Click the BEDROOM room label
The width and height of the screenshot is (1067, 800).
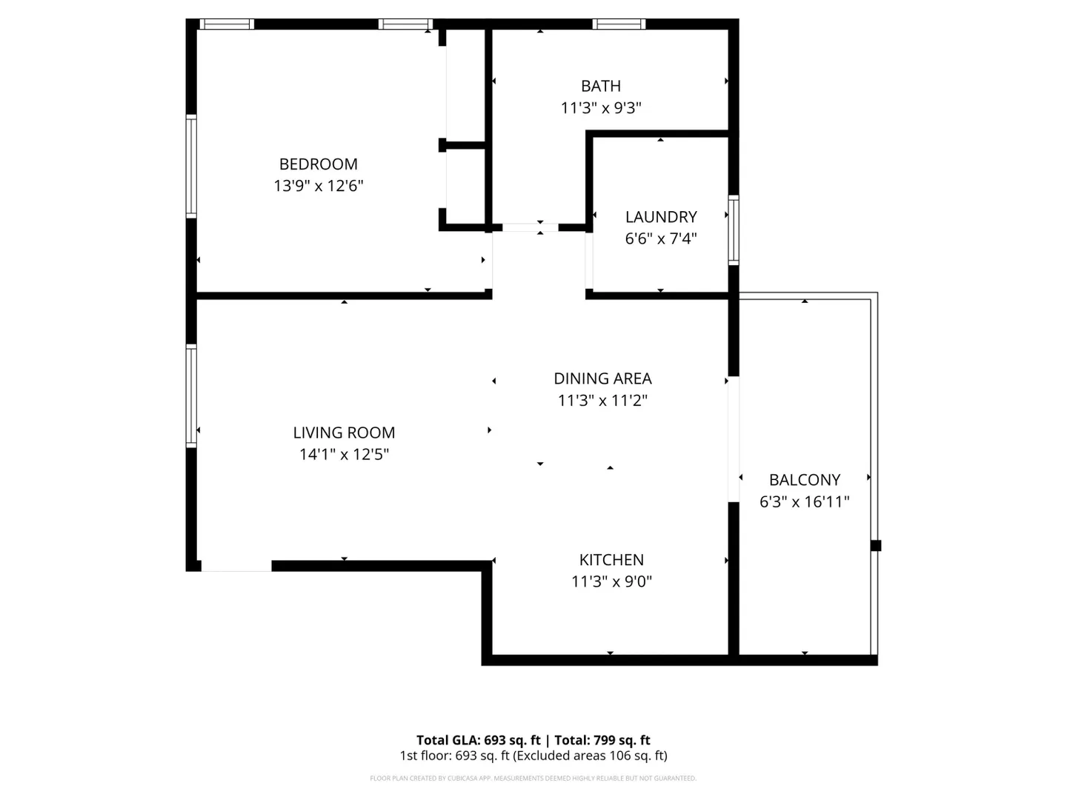click(318, 164)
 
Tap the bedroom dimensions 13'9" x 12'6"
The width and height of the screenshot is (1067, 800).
click(318, 185)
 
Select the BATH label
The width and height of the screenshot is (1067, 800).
click(601, 86)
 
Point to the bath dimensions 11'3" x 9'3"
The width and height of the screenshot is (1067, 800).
click(601, 107)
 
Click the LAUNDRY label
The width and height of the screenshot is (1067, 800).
click(661, 216)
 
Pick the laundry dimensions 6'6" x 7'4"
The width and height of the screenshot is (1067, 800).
click(661, 239)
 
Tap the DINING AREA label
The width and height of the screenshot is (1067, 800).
click(602, 379)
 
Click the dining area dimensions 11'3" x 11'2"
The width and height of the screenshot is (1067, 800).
click(602, 400)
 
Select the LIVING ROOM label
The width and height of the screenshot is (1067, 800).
click(344, 433)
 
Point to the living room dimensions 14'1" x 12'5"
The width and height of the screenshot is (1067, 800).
click(344, 454)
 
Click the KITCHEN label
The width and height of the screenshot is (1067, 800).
click(611, 559)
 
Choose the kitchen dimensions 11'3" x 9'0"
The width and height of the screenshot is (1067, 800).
click(611, 581)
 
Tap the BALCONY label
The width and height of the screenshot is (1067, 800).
click(804, 480)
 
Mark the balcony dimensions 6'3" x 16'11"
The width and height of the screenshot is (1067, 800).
click(804, 501)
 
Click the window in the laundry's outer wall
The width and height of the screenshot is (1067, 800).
click(733, 230)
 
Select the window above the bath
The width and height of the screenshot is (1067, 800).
click(618, 24)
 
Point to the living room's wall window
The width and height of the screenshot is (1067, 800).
click(191, 396)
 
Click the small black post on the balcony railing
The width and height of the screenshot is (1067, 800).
click(876, 545)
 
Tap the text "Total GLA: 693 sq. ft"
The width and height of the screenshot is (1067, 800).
click(479, 740)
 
